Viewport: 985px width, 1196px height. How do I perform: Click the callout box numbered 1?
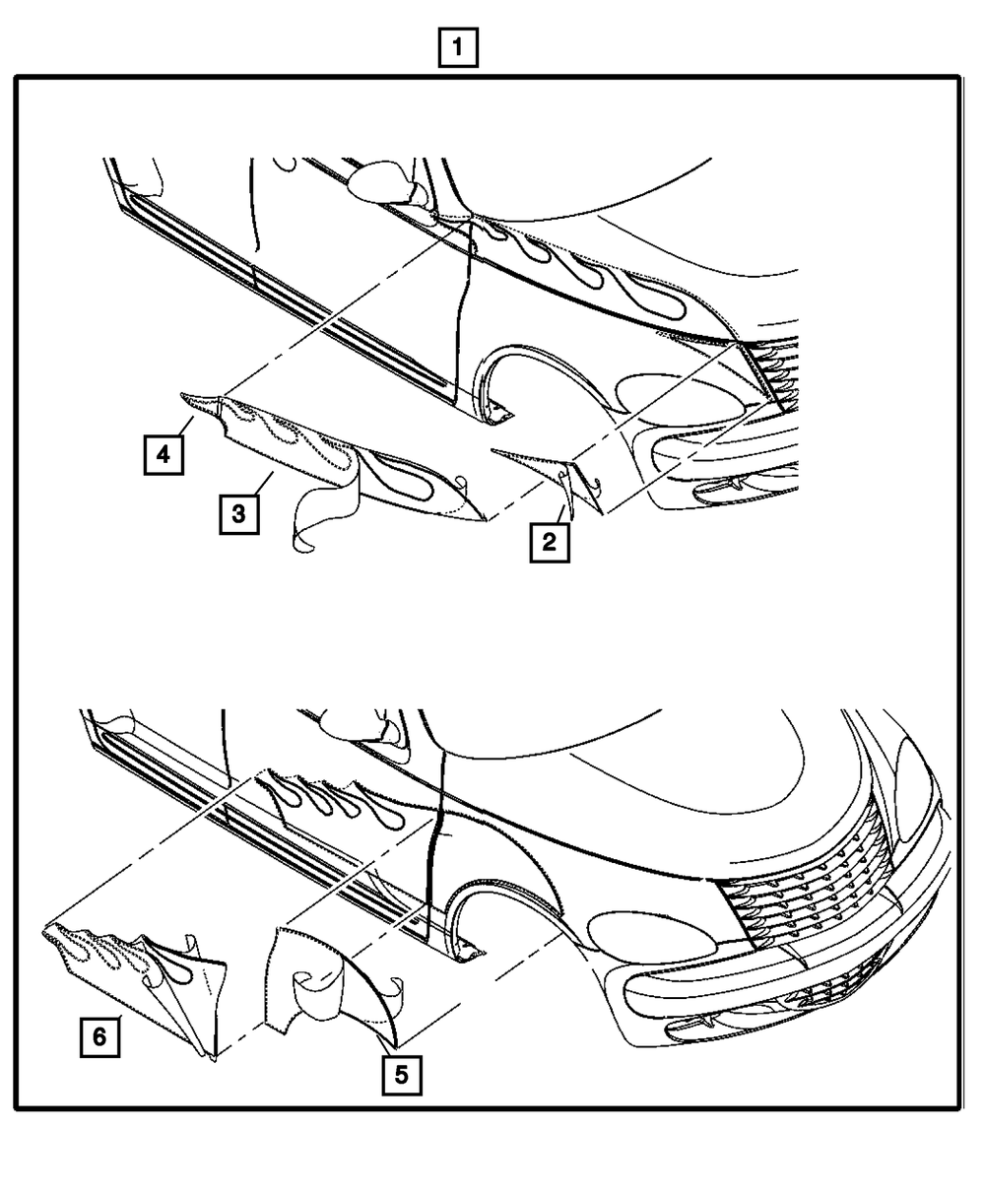[x=458, y=47]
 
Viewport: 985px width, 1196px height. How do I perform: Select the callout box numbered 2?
[x=550, y=542]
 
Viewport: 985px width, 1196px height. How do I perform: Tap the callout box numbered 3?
[x=238, y=514]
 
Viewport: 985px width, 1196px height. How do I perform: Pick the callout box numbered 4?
[x=164, y=455]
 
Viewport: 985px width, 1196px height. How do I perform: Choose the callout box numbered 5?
[x=402, y=1075]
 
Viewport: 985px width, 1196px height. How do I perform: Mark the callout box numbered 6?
[x=99, y=1036]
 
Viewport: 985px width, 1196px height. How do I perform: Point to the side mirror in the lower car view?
[x=355, y=724]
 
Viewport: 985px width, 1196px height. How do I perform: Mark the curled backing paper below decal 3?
[x=324, y=504]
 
